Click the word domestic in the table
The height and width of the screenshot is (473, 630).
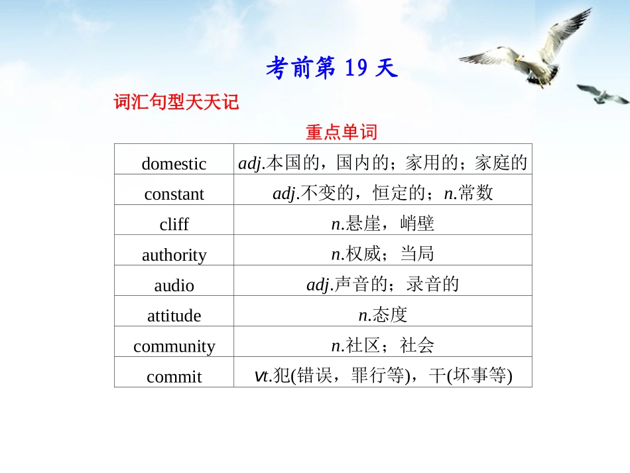(174, 164)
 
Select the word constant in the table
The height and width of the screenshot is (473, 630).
(174, 194)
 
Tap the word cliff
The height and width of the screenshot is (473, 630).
(174, 225)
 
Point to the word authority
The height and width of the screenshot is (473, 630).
(174, 255)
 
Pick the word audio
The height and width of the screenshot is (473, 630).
(174, 286)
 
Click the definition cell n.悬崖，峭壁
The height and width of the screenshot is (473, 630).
(383, 224)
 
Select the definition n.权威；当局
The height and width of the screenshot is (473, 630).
(383, 255)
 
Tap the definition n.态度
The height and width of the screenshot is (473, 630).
(383, 316)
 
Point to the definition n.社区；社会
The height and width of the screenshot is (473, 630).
(383, 346)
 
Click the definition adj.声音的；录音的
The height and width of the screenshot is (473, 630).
(383, 285)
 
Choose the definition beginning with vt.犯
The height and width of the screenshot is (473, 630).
(383, 377)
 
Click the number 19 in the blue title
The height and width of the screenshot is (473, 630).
(355, 68)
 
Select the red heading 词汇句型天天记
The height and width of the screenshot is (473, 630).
(176, 103)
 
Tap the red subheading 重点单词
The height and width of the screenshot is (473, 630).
(341, 132)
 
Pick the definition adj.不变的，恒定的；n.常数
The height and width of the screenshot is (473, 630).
(383, 194)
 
